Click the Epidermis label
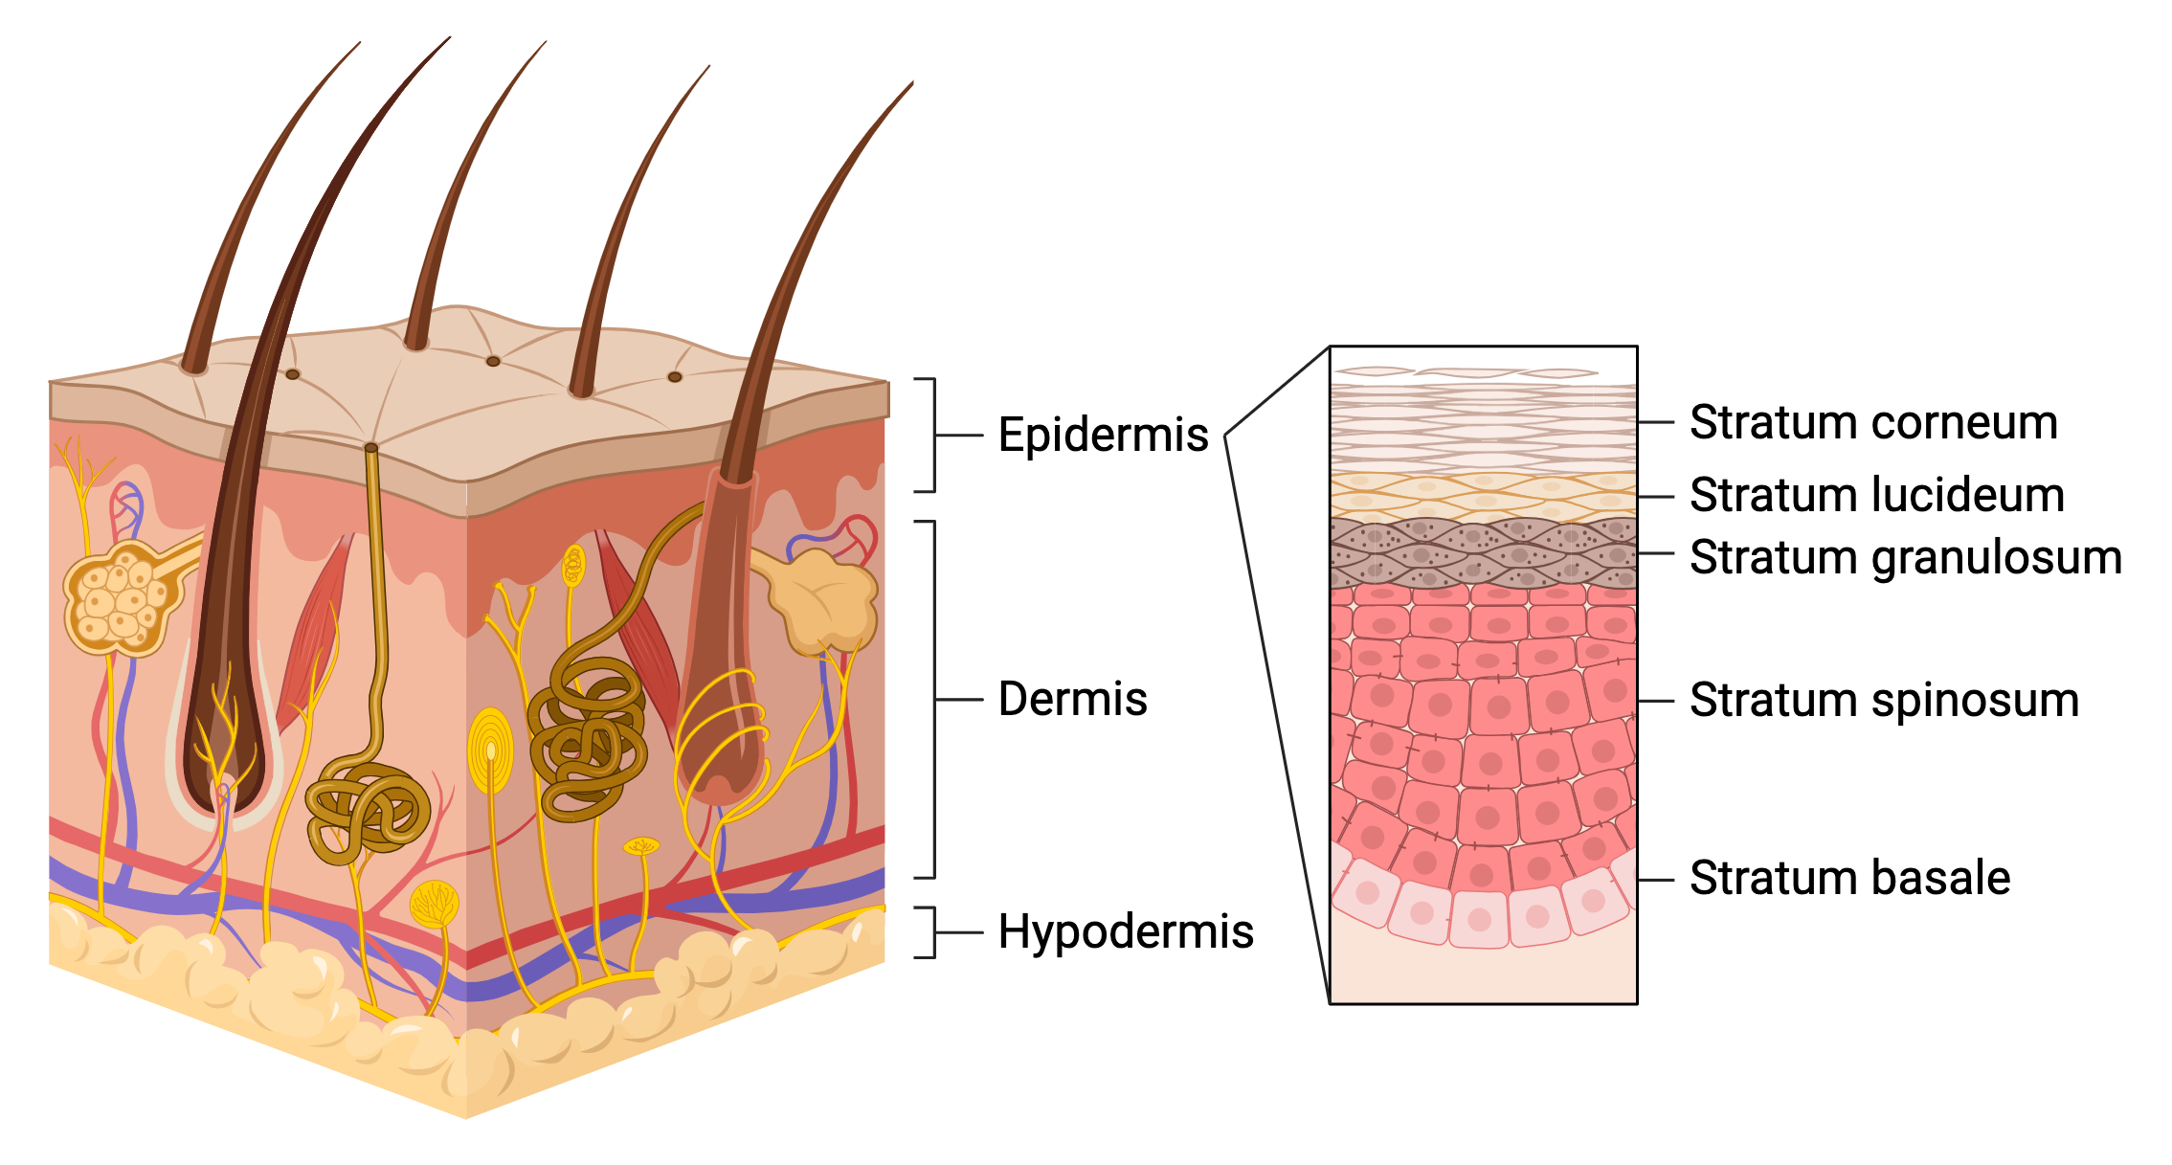pyautogui.click(x=1103, y=436)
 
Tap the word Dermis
pyautogui.click(x=1072, y=699)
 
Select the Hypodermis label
pyautogui.click(x=1126, y=931)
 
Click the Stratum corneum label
pyautogui.click(x=1873, y=422)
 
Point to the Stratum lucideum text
pyautogui.click(x=1876, y=496)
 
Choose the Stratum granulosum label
pyautogui.click(x=1905, y=557)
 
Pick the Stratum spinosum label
pyautogui.click(x=1884, y=700)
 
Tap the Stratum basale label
pyautogui.click(x=1849, y=878)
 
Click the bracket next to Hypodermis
pyautogui.click(x=927, y=931)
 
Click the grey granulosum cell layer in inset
pyautogui.click(x=1483, y=553)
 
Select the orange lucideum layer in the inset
pyautogui.click(x=1483, y=496)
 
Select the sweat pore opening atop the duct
pyautogui.click(x=371, y=448)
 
